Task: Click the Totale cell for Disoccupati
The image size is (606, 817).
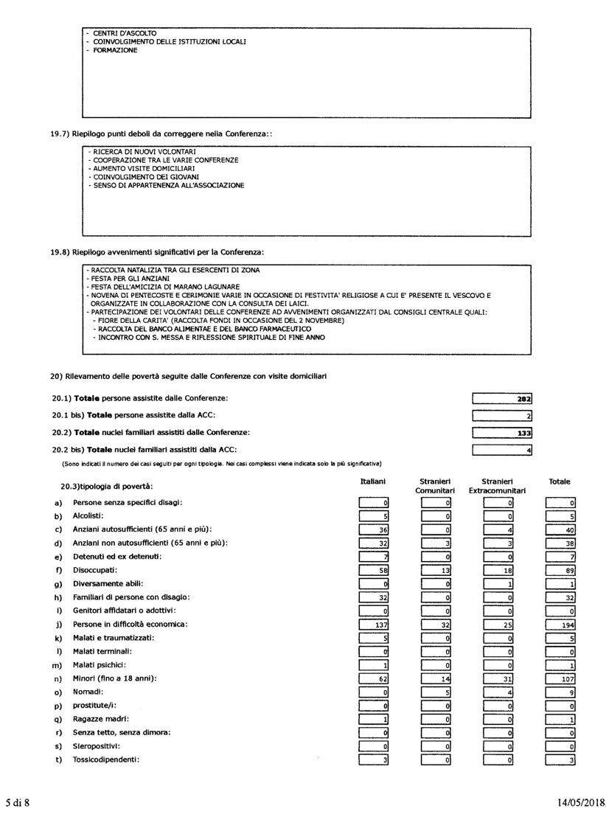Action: tap(560, 570)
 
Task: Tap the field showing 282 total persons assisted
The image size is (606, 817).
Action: tap(503, 399)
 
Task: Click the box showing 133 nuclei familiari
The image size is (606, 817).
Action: tap(503, 433)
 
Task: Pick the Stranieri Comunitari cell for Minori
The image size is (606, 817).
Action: tap(436, 678)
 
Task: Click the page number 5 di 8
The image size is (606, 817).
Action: tap(18, 801)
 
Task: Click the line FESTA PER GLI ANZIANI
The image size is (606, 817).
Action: tap(129, 279)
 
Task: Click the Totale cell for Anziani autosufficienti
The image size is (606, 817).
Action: tap(560, 529)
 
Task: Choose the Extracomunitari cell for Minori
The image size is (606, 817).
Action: tap(498, 678)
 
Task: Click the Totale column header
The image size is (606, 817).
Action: tap(560, 481)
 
